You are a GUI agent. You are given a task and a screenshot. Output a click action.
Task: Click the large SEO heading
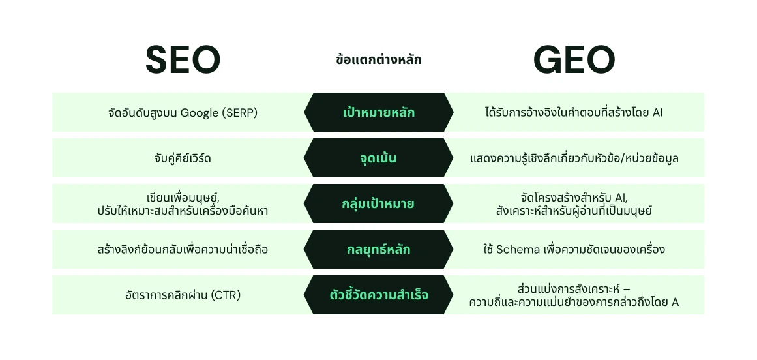[183, 60]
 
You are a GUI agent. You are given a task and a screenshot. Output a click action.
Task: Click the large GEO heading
[574, 60]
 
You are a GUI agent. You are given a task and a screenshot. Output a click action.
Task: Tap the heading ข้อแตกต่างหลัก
[378, 60]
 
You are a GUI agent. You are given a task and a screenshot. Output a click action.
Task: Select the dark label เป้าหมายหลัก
[378, 112]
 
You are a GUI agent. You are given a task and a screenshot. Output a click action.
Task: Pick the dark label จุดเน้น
[378, 158]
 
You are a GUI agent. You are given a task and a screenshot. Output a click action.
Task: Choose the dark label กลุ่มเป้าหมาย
[378, 203]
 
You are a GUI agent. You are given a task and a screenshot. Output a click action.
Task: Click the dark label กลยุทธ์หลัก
[378, 249]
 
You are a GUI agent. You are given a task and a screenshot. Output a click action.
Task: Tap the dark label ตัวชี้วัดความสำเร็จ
[378, 295]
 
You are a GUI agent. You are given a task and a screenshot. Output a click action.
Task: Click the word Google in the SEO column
[200, 113]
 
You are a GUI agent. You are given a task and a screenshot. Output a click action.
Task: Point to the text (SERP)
[241, 113]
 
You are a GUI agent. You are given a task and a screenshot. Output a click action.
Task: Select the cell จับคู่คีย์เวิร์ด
[183, 158]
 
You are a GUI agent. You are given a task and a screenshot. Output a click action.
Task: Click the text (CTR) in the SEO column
[225, 295]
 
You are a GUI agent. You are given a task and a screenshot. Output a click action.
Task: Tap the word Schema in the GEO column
[518, 249]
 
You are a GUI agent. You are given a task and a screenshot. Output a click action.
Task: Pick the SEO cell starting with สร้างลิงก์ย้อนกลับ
[183, 249]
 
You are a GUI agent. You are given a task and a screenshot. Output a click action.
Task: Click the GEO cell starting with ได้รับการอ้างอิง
[574, 112]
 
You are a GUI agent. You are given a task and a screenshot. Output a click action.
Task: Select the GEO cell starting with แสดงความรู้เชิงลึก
[574, 158]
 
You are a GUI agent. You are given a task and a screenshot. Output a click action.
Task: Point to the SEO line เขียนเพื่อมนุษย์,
[183, 197]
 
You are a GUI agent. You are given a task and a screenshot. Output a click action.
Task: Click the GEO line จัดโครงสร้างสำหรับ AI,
[574, 197]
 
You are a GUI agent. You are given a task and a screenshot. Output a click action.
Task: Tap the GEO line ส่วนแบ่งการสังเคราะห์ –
[574, 288]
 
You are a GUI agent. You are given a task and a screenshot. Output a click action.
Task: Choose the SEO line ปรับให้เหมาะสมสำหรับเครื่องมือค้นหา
[183, 211]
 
